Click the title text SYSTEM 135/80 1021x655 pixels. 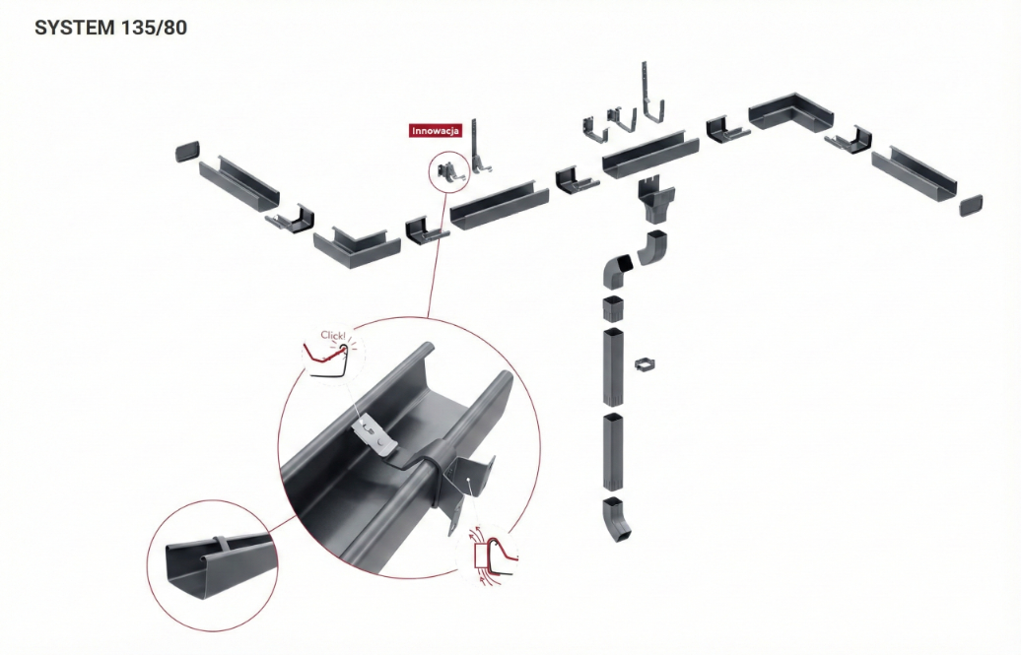coord(110,28)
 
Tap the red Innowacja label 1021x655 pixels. coord(436,131)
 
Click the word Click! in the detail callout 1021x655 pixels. coord(333,335)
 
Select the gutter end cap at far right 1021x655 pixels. coord(970,205)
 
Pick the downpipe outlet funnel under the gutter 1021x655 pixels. coord(655,199)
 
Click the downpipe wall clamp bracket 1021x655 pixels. coord(644,364)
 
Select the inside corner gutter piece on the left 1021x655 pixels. coord(356,247)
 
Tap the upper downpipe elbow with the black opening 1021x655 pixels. coord(617,271)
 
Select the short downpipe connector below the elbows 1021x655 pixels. coord(613,309)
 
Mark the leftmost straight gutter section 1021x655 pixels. coord(238,184)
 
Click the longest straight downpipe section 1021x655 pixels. coord(613,366)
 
